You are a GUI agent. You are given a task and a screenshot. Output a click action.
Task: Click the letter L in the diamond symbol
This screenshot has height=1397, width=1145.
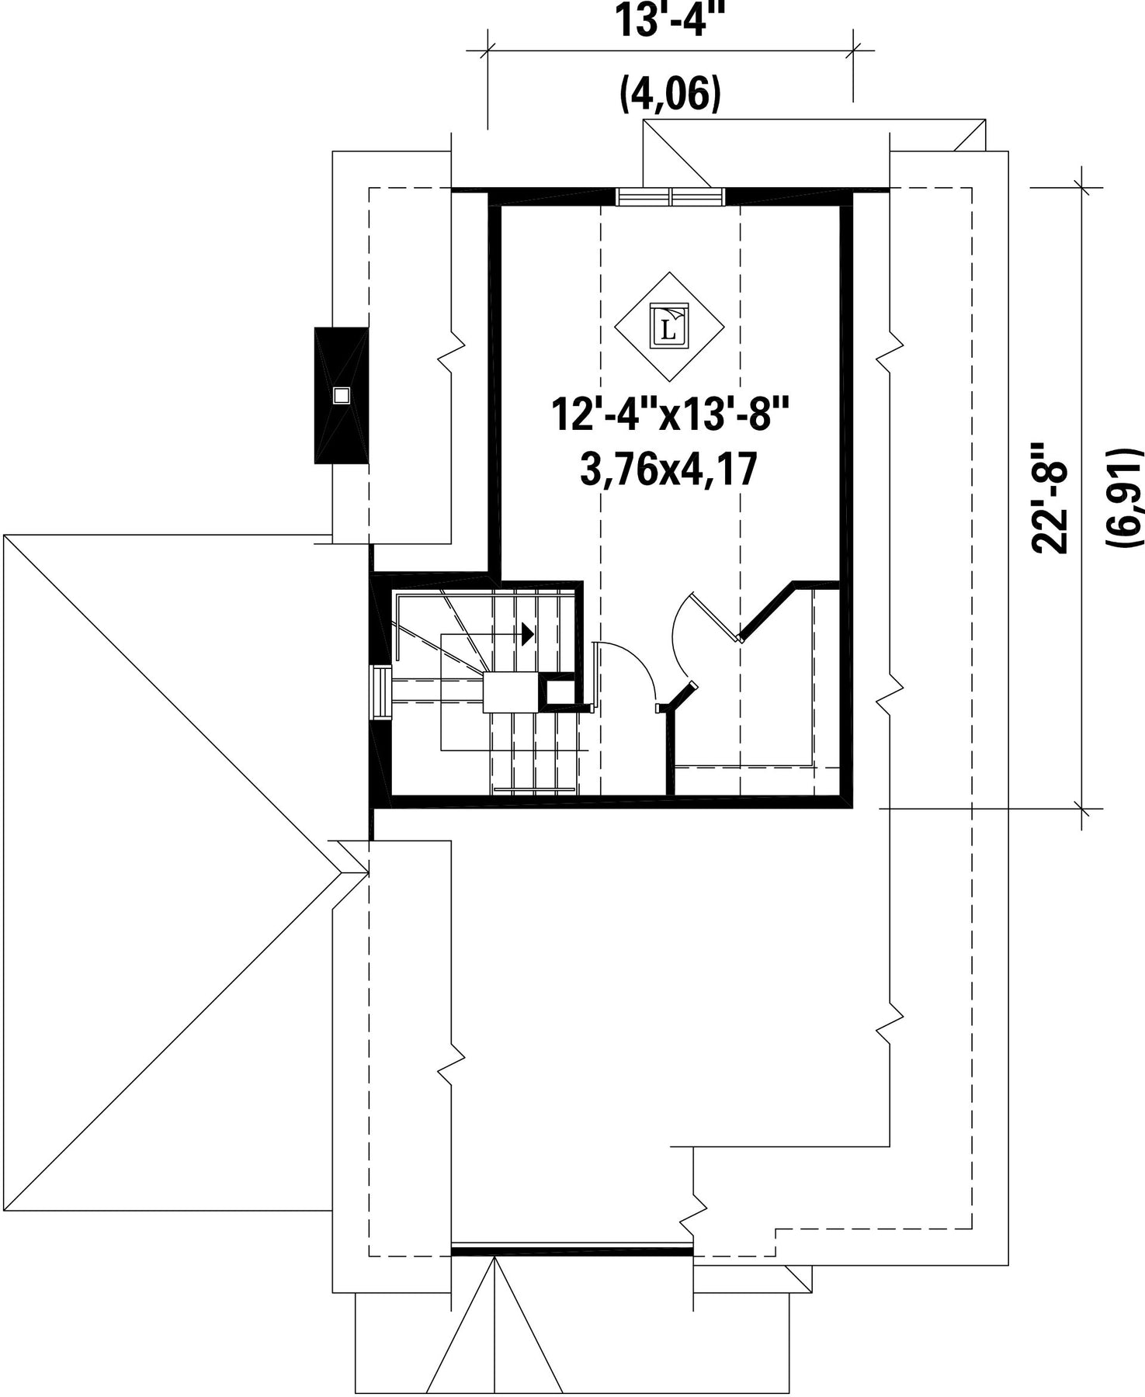click(668, 327)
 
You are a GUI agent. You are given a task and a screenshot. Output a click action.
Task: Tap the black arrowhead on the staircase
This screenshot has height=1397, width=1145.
click(529, 634)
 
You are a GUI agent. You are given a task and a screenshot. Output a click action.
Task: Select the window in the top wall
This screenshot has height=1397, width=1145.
click(671, 196)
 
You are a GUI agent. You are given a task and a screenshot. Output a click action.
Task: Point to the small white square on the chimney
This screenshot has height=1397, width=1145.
click(341, 396)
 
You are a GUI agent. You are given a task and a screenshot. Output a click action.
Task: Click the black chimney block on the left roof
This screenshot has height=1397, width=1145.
click(341, 396)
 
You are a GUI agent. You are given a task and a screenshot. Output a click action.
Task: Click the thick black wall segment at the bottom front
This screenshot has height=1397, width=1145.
click(572, 1251)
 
